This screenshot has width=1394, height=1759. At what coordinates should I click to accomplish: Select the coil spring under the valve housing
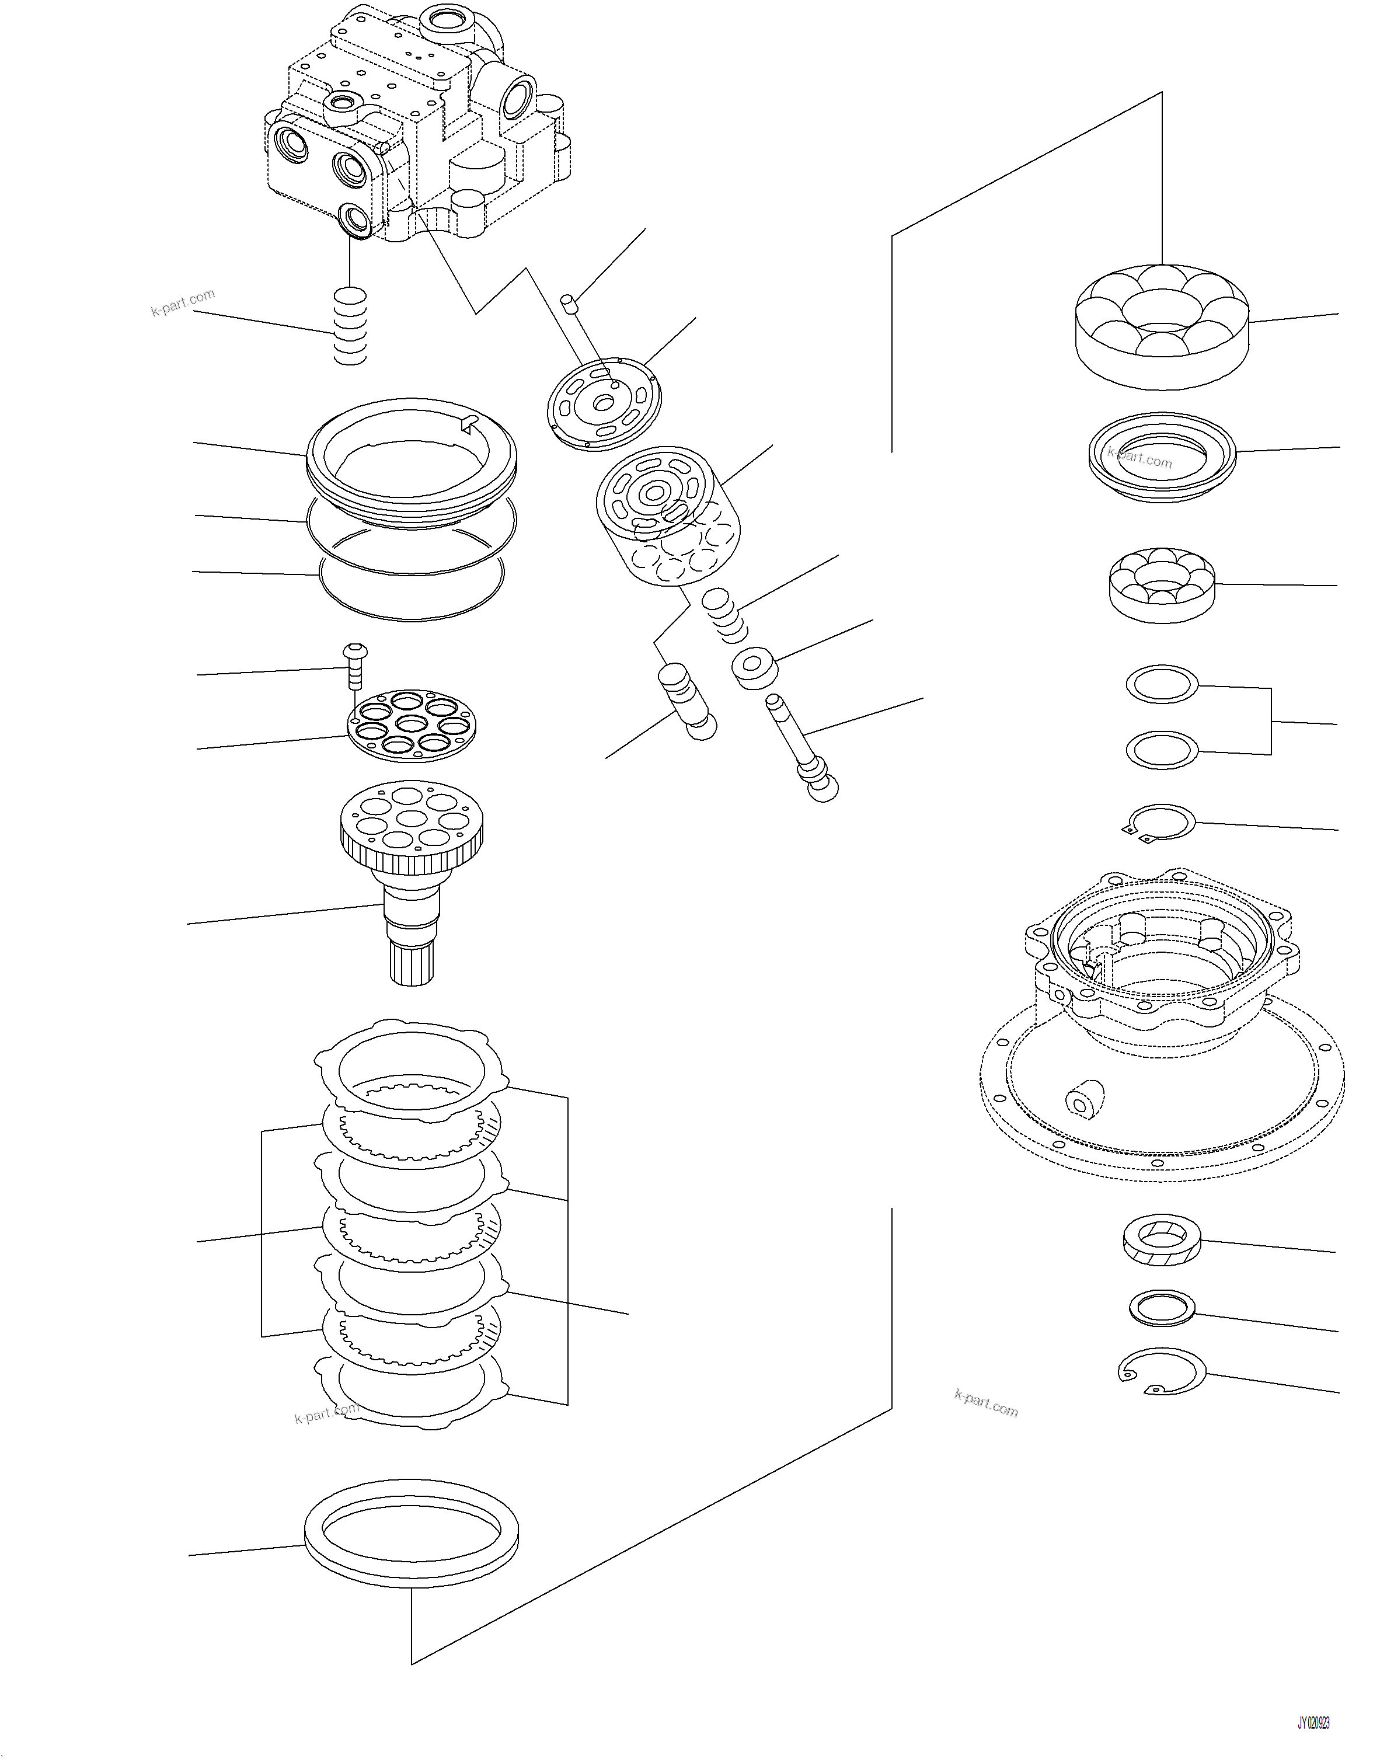coord(351,326)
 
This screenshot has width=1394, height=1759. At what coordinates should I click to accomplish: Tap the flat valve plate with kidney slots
coord(604,403)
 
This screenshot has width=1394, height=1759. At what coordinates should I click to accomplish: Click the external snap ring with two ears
coord(1160,823)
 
